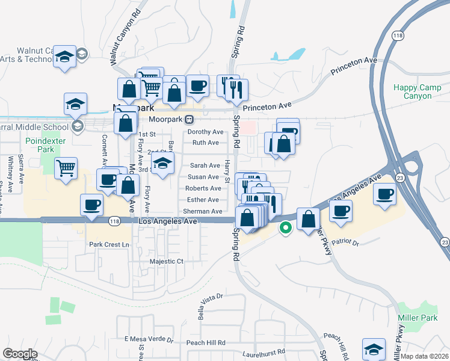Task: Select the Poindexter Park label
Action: coord(40,144)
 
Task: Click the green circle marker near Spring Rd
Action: coord(286,228)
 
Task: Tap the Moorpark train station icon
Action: coord(189,119)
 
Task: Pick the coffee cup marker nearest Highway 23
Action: coord(384,194)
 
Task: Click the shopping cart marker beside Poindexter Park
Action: coord(66,168)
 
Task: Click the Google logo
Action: coord(20,354)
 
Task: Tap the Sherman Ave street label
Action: coord(203,211)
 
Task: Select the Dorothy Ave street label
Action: coord(205,132)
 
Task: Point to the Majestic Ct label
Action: coord(166,262)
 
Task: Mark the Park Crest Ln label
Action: coord(109,245)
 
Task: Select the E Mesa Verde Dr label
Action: coord(149,339)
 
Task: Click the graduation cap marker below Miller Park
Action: coord(374,350)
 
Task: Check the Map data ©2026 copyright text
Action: coord(425,356)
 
